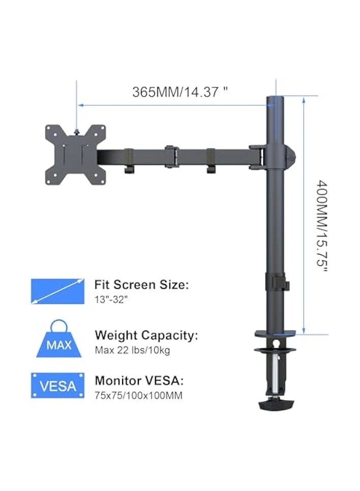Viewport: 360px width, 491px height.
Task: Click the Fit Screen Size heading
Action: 141,285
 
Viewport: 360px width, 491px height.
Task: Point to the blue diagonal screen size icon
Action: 57,291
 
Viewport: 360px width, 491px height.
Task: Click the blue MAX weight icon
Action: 60,340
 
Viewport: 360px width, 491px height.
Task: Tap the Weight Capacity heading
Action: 146,335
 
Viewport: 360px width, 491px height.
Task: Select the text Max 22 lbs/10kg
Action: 132,350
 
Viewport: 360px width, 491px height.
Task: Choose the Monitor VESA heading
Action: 139,381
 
